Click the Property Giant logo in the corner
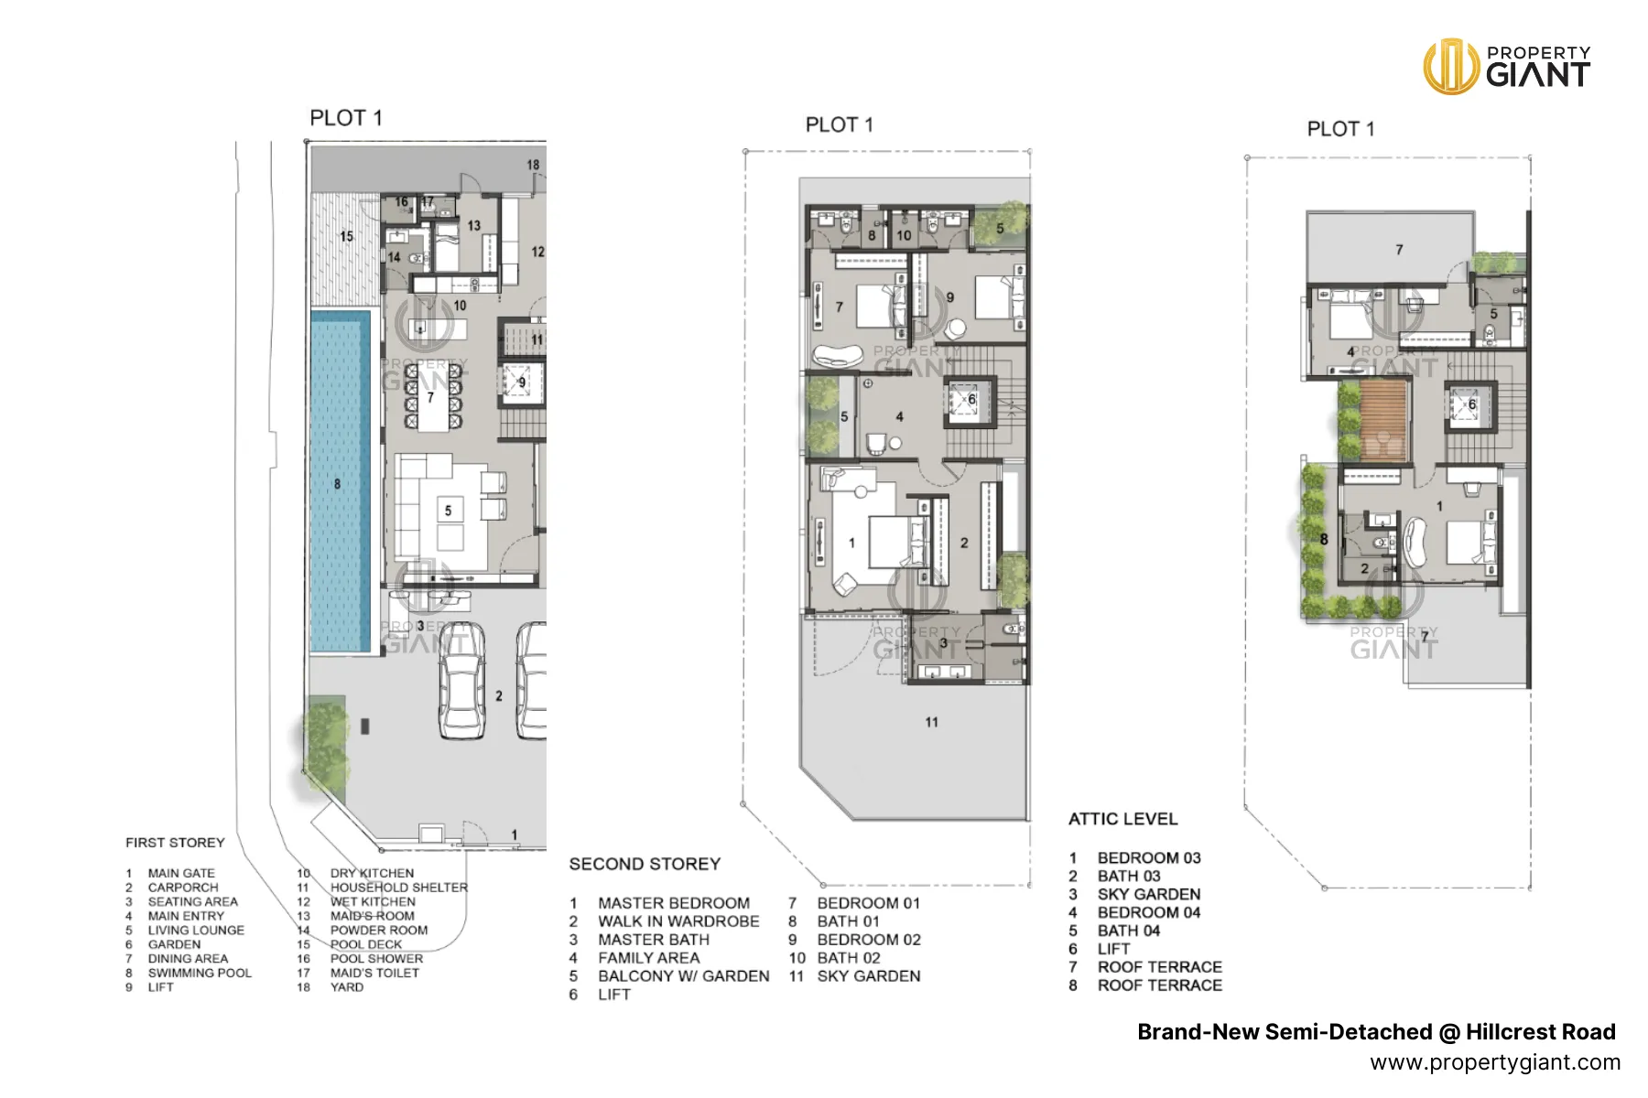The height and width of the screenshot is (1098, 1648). pos(1507,66)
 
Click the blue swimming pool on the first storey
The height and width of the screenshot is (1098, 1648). pos(340,481)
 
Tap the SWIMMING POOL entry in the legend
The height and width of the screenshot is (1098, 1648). pos(200,973)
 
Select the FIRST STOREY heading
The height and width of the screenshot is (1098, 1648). pos(175,843)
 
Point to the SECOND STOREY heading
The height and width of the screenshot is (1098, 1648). pos(645,864)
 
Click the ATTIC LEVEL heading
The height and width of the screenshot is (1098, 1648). pos(1122,819)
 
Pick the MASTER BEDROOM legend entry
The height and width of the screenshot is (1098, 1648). pos(674,903)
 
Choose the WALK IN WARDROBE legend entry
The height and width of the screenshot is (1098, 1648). pos(678,921)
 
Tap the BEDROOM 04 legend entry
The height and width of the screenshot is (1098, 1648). pos(1149,912)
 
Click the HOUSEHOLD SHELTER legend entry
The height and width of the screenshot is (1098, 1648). pos(398,888)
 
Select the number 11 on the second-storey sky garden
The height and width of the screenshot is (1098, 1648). pos(931,722)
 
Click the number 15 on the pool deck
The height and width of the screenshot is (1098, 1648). pos(346,236)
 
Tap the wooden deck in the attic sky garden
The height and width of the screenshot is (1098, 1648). pos(1382,421)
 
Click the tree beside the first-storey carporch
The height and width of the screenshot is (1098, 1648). pos(325,736)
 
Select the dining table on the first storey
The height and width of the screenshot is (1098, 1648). pos(432,397)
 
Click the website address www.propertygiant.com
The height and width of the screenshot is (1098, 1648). pos(1495,1062)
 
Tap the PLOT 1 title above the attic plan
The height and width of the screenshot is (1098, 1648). pos(1340,129)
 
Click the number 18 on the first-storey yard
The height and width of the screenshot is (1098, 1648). pos(533,165)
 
